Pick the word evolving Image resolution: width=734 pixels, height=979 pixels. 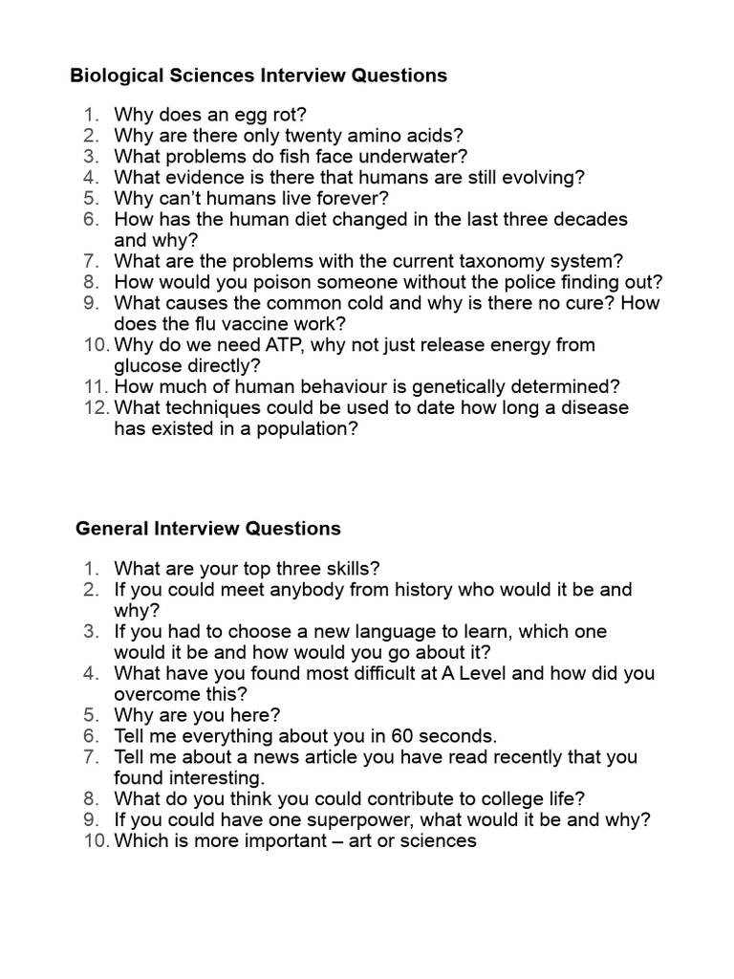click(x=535, y=178)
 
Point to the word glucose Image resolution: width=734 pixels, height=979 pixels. click(x=148, y=366)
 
